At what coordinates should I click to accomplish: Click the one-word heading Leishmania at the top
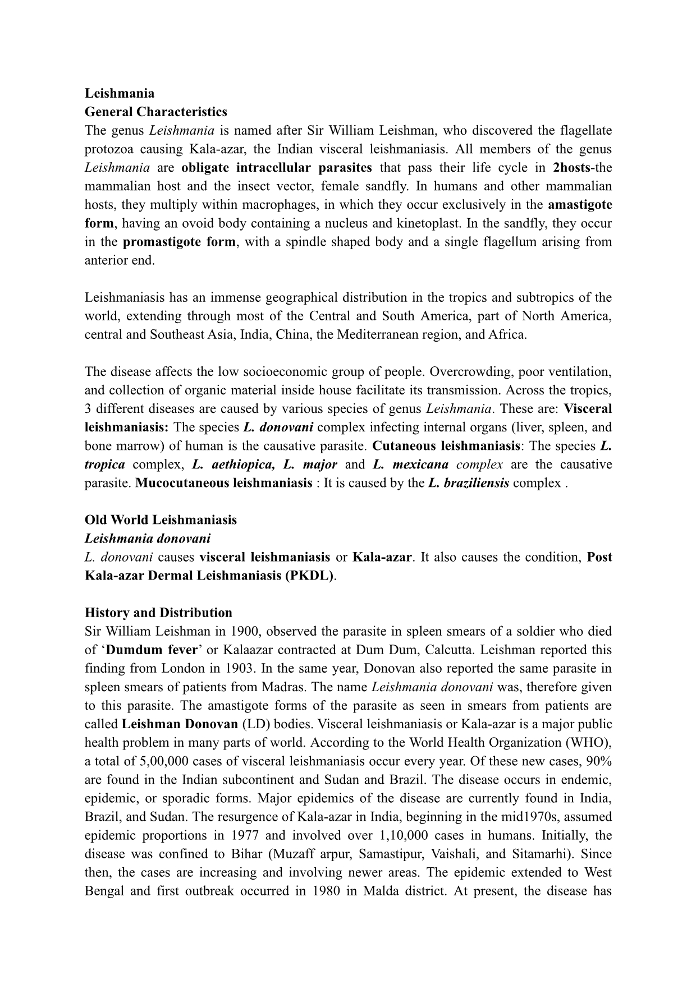point(119,93)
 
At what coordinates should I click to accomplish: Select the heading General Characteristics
point(156,112)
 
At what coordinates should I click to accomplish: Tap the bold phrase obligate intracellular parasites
point(277,168)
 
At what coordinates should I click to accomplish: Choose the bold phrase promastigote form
point(179,242)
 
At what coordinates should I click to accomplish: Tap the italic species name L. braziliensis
point(469,483)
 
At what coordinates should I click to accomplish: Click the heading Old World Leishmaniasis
point(161,520)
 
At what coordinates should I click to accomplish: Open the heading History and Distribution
point(158,613)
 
